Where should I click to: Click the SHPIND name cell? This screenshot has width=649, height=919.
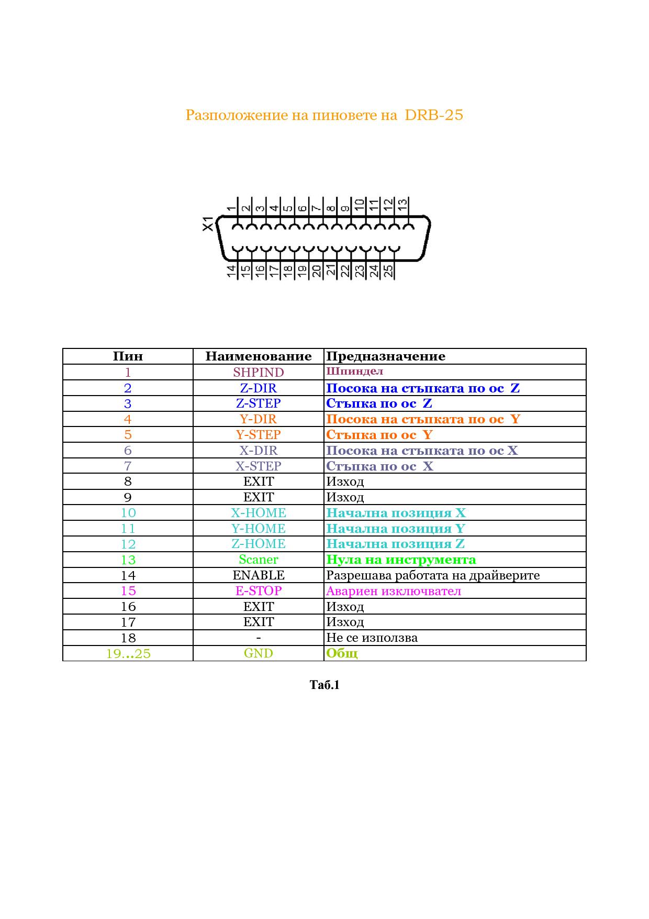(x=259, y=373)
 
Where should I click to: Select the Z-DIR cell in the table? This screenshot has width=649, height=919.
(x=259, y=388)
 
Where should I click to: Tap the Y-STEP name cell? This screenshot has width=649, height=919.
(x=259, y=435)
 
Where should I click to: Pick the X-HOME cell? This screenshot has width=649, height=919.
(x=259, y=513)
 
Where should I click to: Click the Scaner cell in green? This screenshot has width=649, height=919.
(x=259, y=560)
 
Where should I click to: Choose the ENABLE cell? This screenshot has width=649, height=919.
(x=259, y=575)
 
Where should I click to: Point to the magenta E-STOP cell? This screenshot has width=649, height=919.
(x=259, y=591)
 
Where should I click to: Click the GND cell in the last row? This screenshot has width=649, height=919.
(x=259, y=653)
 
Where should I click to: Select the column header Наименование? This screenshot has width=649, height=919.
(x=259, y=357)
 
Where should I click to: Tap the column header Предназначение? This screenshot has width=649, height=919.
(x=386, y=357)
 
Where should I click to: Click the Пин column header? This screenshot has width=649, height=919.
(x=128, y=357)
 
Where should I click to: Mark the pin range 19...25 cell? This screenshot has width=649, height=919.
(x=128, y=654)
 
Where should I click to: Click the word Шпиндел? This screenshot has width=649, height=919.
(x=354, y=371)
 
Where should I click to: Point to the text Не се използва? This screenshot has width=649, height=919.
(x=372, y=638)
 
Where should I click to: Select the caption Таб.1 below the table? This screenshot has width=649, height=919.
(x=324, y=685)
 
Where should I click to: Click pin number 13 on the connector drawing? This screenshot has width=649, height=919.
(x=402, y=203)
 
